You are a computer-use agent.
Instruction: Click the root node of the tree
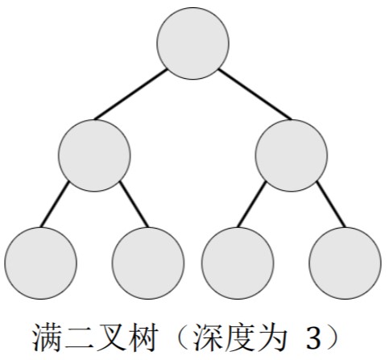[192, 43]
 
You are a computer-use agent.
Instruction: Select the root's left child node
[94, 155]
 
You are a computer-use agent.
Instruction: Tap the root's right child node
[292, 155]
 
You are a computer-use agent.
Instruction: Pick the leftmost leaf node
[40, 263]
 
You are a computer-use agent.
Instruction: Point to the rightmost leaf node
[345, 263]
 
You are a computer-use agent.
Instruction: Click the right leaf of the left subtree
[148, 263]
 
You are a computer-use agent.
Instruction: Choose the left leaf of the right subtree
[238, 263]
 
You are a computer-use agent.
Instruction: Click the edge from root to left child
[131, 94]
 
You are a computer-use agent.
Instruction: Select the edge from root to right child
[255, 94]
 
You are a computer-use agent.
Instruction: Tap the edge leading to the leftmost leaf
[55, 205]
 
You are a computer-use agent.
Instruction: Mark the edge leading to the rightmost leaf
[331, 205]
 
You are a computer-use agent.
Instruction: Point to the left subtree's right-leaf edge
[134, 205]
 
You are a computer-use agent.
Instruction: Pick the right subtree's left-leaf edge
[251, 205]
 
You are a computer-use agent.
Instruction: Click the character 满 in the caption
[47, 337]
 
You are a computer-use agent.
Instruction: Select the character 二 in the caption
[78, 337]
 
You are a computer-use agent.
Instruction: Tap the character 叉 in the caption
[110, 337]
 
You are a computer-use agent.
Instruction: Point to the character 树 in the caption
[142, 337]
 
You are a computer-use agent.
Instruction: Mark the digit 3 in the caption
[313, 338]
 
